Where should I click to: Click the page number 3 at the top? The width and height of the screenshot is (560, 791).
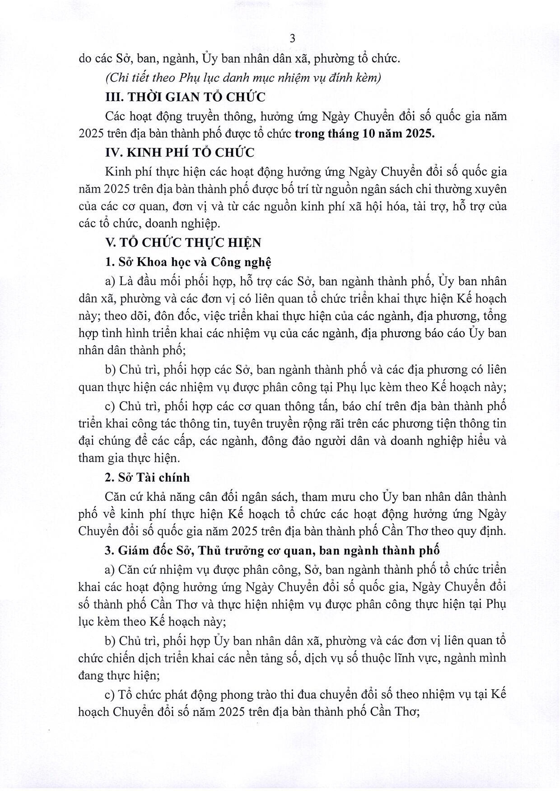(292, 39)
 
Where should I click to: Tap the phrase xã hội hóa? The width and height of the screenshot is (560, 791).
(376, 207)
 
